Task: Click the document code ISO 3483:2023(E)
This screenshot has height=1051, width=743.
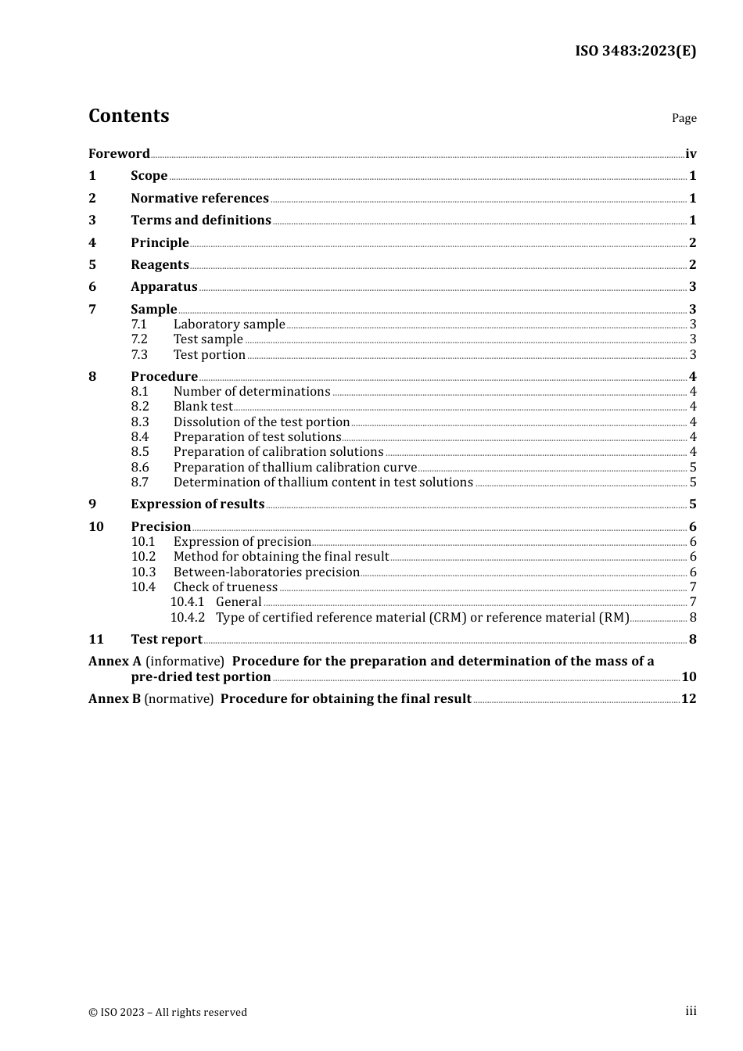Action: [x=635, y=51]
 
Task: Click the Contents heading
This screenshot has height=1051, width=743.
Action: [x=128, y=116]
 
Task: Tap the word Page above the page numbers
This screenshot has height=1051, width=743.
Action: [x=684, y=118]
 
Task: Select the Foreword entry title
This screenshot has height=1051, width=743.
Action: [x=119, y=153]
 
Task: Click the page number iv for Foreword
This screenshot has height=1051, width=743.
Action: [x=691, y=153]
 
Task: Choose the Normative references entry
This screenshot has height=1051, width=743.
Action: [x=199, y=198]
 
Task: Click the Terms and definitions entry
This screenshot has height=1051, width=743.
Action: [x=201, y=220]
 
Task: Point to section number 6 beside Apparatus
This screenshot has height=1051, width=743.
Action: [x=92, y=286]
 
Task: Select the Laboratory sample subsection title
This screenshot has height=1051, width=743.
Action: [x=229, y=324]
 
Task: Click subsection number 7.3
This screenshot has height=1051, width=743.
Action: [x=139, y=354]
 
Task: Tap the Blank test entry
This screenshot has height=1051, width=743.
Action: [x=203, y=406]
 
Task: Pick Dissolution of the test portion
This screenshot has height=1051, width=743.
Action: [x=261, y=421]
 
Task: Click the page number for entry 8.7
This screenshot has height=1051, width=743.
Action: [x=693, y=482]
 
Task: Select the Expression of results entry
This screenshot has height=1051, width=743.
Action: [x=198, y=504]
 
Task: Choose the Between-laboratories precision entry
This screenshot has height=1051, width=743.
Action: [x=267, y=572]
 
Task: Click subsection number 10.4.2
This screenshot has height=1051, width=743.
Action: [x=187, y=617]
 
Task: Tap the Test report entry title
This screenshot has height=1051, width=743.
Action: [x=167, y=639]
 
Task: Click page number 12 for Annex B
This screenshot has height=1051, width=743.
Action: [x=688, y=698]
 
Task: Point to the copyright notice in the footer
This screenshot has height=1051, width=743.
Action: [x=167, y=1012]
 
